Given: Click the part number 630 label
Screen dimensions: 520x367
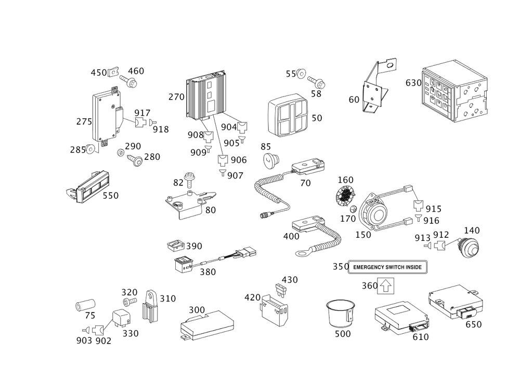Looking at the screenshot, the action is [x=413, y=83].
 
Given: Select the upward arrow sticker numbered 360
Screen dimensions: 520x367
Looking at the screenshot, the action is [x=386, y=286].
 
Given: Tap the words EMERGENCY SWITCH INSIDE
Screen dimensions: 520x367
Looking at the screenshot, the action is [x=387, y=267].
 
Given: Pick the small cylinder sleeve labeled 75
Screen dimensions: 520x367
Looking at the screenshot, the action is [x=85, y=305].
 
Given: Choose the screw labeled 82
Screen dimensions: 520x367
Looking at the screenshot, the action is [x=189, y=179].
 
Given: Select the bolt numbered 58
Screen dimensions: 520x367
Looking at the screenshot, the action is [x=316, y=82].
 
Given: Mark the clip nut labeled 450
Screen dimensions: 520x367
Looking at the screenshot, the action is [x=113, y=72].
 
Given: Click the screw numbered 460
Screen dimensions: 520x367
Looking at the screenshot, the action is [x=128, y=81].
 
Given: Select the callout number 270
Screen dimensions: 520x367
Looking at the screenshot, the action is [x=176, y=97].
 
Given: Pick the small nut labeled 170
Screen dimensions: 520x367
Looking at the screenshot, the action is [x=354, y=209].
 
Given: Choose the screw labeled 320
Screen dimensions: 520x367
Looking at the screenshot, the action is [x=129, y=302].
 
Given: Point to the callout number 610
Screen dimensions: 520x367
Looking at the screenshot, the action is [x=421, y=337].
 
